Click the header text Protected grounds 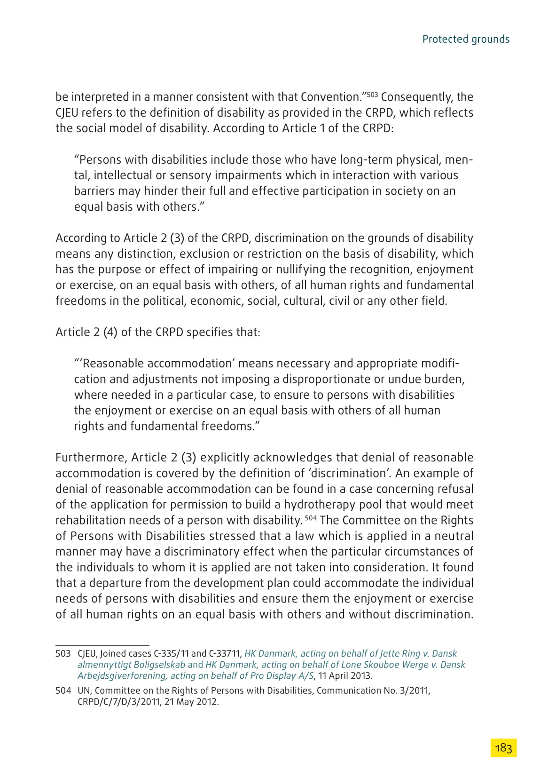click(x=465, y=39)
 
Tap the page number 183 click(x=503, y=748)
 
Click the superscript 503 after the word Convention click(x=372, y=95)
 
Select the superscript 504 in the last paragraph click(x=311, y=518)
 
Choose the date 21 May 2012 click(x=191, y=702)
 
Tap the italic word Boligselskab click(x=159, y=665)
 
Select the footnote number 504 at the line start click(x=63, y=691)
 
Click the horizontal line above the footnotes click(x=102, y=645)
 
